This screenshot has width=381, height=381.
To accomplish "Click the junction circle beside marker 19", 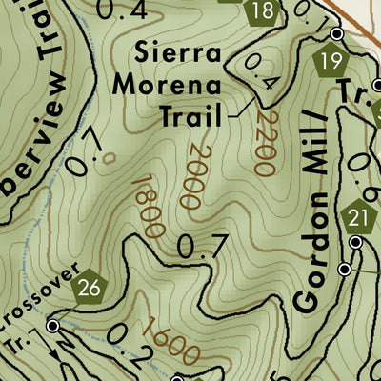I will pos(336,34).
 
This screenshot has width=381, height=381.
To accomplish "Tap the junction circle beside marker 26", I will pos(53,326).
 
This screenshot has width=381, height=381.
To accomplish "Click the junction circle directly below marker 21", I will pos(356,244).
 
